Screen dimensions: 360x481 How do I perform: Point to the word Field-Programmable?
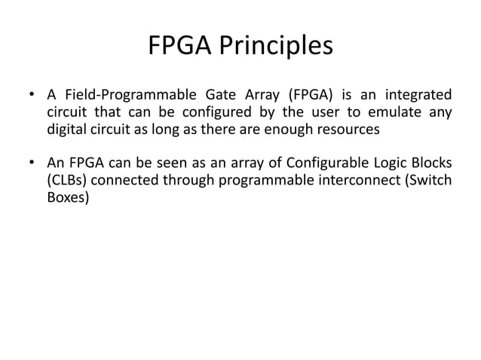[x=123, y=96]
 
